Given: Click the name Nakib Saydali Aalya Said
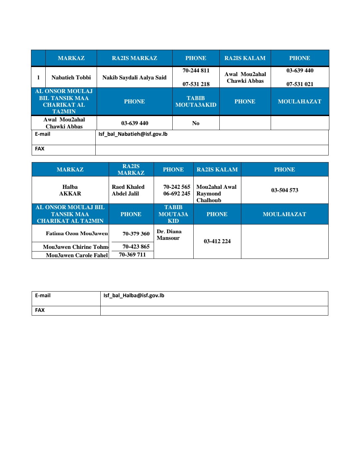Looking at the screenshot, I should point(134,78).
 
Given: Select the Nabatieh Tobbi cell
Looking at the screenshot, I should point(71,78).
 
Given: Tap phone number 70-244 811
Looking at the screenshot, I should point(196,71).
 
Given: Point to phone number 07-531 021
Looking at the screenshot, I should point(300,84).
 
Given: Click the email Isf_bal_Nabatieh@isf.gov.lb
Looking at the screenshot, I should point(133,134).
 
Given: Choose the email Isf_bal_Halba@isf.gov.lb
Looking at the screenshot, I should point(134,296).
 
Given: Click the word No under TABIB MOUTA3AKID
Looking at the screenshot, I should point(196,123).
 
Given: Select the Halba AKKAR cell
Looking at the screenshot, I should point(70,190).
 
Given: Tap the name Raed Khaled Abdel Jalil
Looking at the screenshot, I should point(128,190).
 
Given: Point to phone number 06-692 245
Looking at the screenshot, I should point(177,193).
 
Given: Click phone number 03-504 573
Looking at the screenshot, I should point(285,190).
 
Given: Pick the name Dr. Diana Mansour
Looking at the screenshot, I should point(169,235).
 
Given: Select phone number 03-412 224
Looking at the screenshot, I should point(217,241).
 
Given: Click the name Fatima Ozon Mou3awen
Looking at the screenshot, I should point(77,234).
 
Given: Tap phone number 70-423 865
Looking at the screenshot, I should point(136,247).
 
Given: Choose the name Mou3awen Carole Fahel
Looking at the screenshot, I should point(77,255).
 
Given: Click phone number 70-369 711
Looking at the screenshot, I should point(132,255).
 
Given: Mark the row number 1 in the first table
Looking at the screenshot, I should point(38,78).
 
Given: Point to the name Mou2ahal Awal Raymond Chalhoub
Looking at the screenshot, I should point(216,193).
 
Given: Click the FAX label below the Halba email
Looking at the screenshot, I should point(40,310).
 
